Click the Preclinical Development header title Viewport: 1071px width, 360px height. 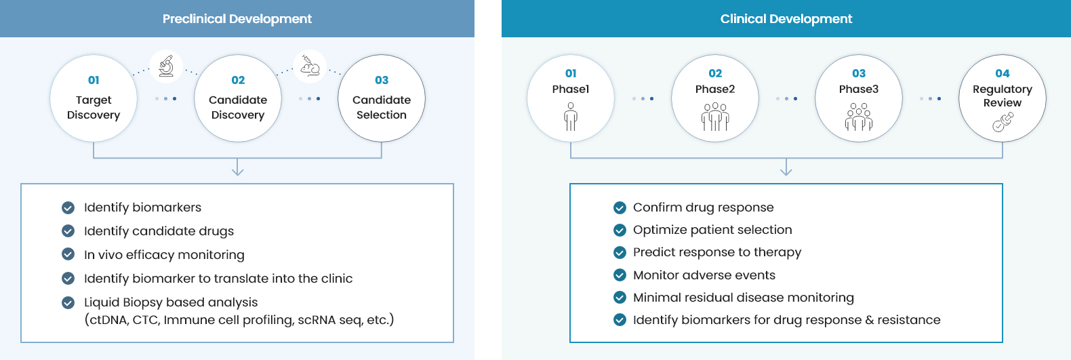[x=237, y=19]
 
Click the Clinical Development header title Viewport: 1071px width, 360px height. [x=786, y=19]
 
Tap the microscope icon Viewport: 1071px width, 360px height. [x=166, y=66]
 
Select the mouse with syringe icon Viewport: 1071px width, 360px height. [x=310, y=66]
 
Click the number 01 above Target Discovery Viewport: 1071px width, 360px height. [x=94, y=80]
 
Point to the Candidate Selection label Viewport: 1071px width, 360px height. [x=382, y=107]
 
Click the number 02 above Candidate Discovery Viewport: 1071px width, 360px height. [x=238, y=80]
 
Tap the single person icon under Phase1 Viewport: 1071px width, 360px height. [x=570, y=117]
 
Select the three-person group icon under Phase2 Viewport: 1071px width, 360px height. [x=715, y=117]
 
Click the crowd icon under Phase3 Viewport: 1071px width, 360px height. [x=859, y=117]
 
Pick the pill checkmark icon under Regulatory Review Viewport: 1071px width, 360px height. [x=1003, y=122]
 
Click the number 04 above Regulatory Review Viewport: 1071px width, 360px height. [x=1003, y=74]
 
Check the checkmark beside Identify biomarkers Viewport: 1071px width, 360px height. [x=68, y=207]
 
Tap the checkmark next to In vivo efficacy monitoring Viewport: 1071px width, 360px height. [x=68, y=254]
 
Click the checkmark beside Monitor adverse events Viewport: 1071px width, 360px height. [x=620, y=275]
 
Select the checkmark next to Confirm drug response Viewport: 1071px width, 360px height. [x=620, y=207]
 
